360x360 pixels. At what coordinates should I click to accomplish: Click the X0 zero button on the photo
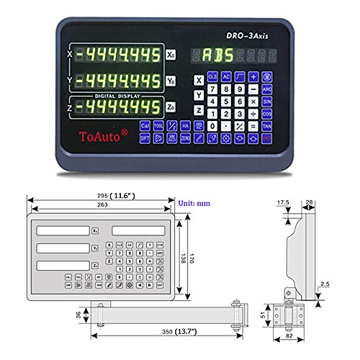point(170,54)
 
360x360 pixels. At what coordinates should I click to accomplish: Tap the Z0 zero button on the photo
point(170,107)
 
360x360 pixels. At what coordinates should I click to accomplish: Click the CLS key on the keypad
point(212,76)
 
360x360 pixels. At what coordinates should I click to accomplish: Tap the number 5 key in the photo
point(226,102)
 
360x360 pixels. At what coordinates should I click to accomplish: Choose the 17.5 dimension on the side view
point(284,204)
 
